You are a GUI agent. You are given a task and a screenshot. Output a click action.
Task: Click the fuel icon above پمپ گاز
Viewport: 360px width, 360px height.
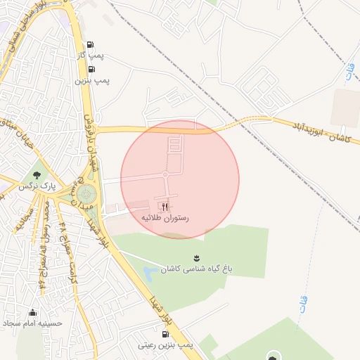[91, 43]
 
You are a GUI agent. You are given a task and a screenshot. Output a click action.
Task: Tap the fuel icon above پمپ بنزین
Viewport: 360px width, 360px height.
[91, 68]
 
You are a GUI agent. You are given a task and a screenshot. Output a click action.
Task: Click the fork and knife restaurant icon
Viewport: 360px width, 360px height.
[166, 207]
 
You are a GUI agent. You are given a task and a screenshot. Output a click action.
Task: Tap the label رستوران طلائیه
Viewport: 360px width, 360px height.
[166, 219]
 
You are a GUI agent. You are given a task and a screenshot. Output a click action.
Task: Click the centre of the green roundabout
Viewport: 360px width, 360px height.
[86, 193]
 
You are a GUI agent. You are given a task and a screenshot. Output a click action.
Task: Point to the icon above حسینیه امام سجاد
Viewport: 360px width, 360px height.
[32, 312]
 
